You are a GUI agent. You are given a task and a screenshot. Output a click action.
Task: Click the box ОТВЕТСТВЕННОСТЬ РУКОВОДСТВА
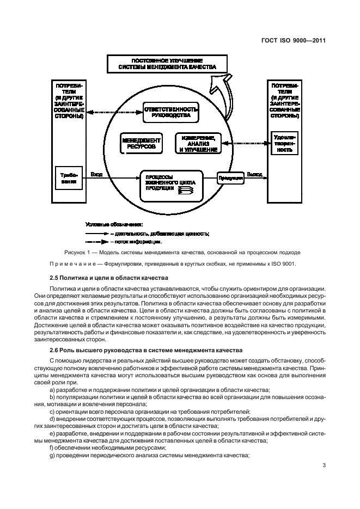tap(168, 113)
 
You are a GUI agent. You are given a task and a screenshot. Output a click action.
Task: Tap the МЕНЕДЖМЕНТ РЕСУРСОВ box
tap(141, 143)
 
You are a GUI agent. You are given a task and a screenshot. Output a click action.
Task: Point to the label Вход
tap(96, 175)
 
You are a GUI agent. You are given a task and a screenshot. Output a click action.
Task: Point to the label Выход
tap(254, 175)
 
